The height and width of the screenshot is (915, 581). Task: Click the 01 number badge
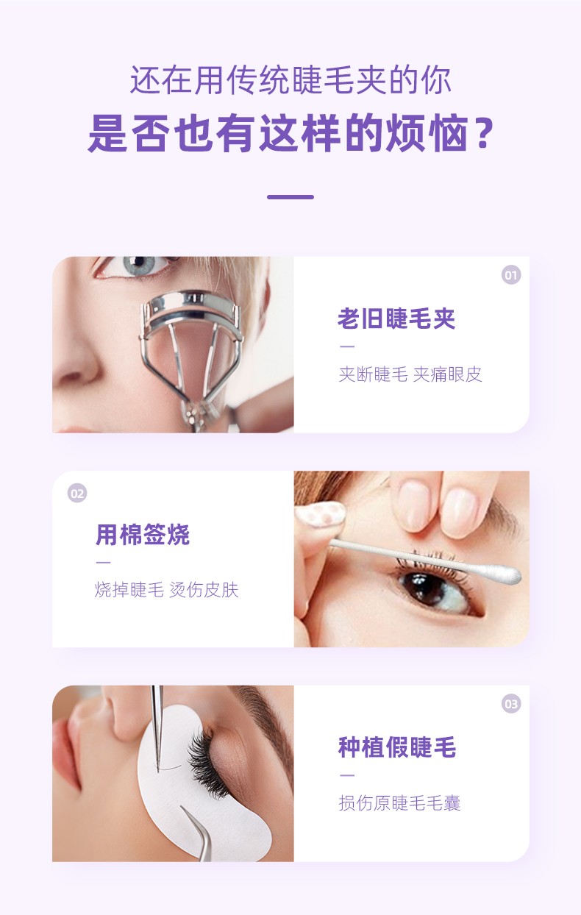(x=511, y=275)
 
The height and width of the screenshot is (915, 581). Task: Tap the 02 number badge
(x=77, y=494)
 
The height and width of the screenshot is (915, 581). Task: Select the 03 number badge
(x=511, y=704)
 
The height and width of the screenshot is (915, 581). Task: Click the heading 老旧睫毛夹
(x=396, y=318)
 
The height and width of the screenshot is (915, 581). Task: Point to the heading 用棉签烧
(x=143, y=534)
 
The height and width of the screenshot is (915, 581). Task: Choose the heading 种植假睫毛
(x=397, y=747)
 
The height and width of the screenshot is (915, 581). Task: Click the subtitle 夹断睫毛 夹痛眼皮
(x=410, y=374)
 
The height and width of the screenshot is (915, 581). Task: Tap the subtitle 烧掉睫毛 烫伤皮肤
(x=167, y=590)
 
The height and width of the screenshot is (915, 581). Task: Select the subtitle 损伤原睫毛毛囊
(x=400, y=802)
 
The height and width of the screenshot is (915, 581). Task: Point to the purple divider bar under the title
(x=290, y=197)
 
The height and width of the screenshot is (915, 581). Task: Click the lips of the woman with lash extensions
(x=68, y=736)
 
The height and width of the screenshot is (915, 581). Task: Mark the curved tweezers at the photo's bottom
(x=199, y=835)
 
